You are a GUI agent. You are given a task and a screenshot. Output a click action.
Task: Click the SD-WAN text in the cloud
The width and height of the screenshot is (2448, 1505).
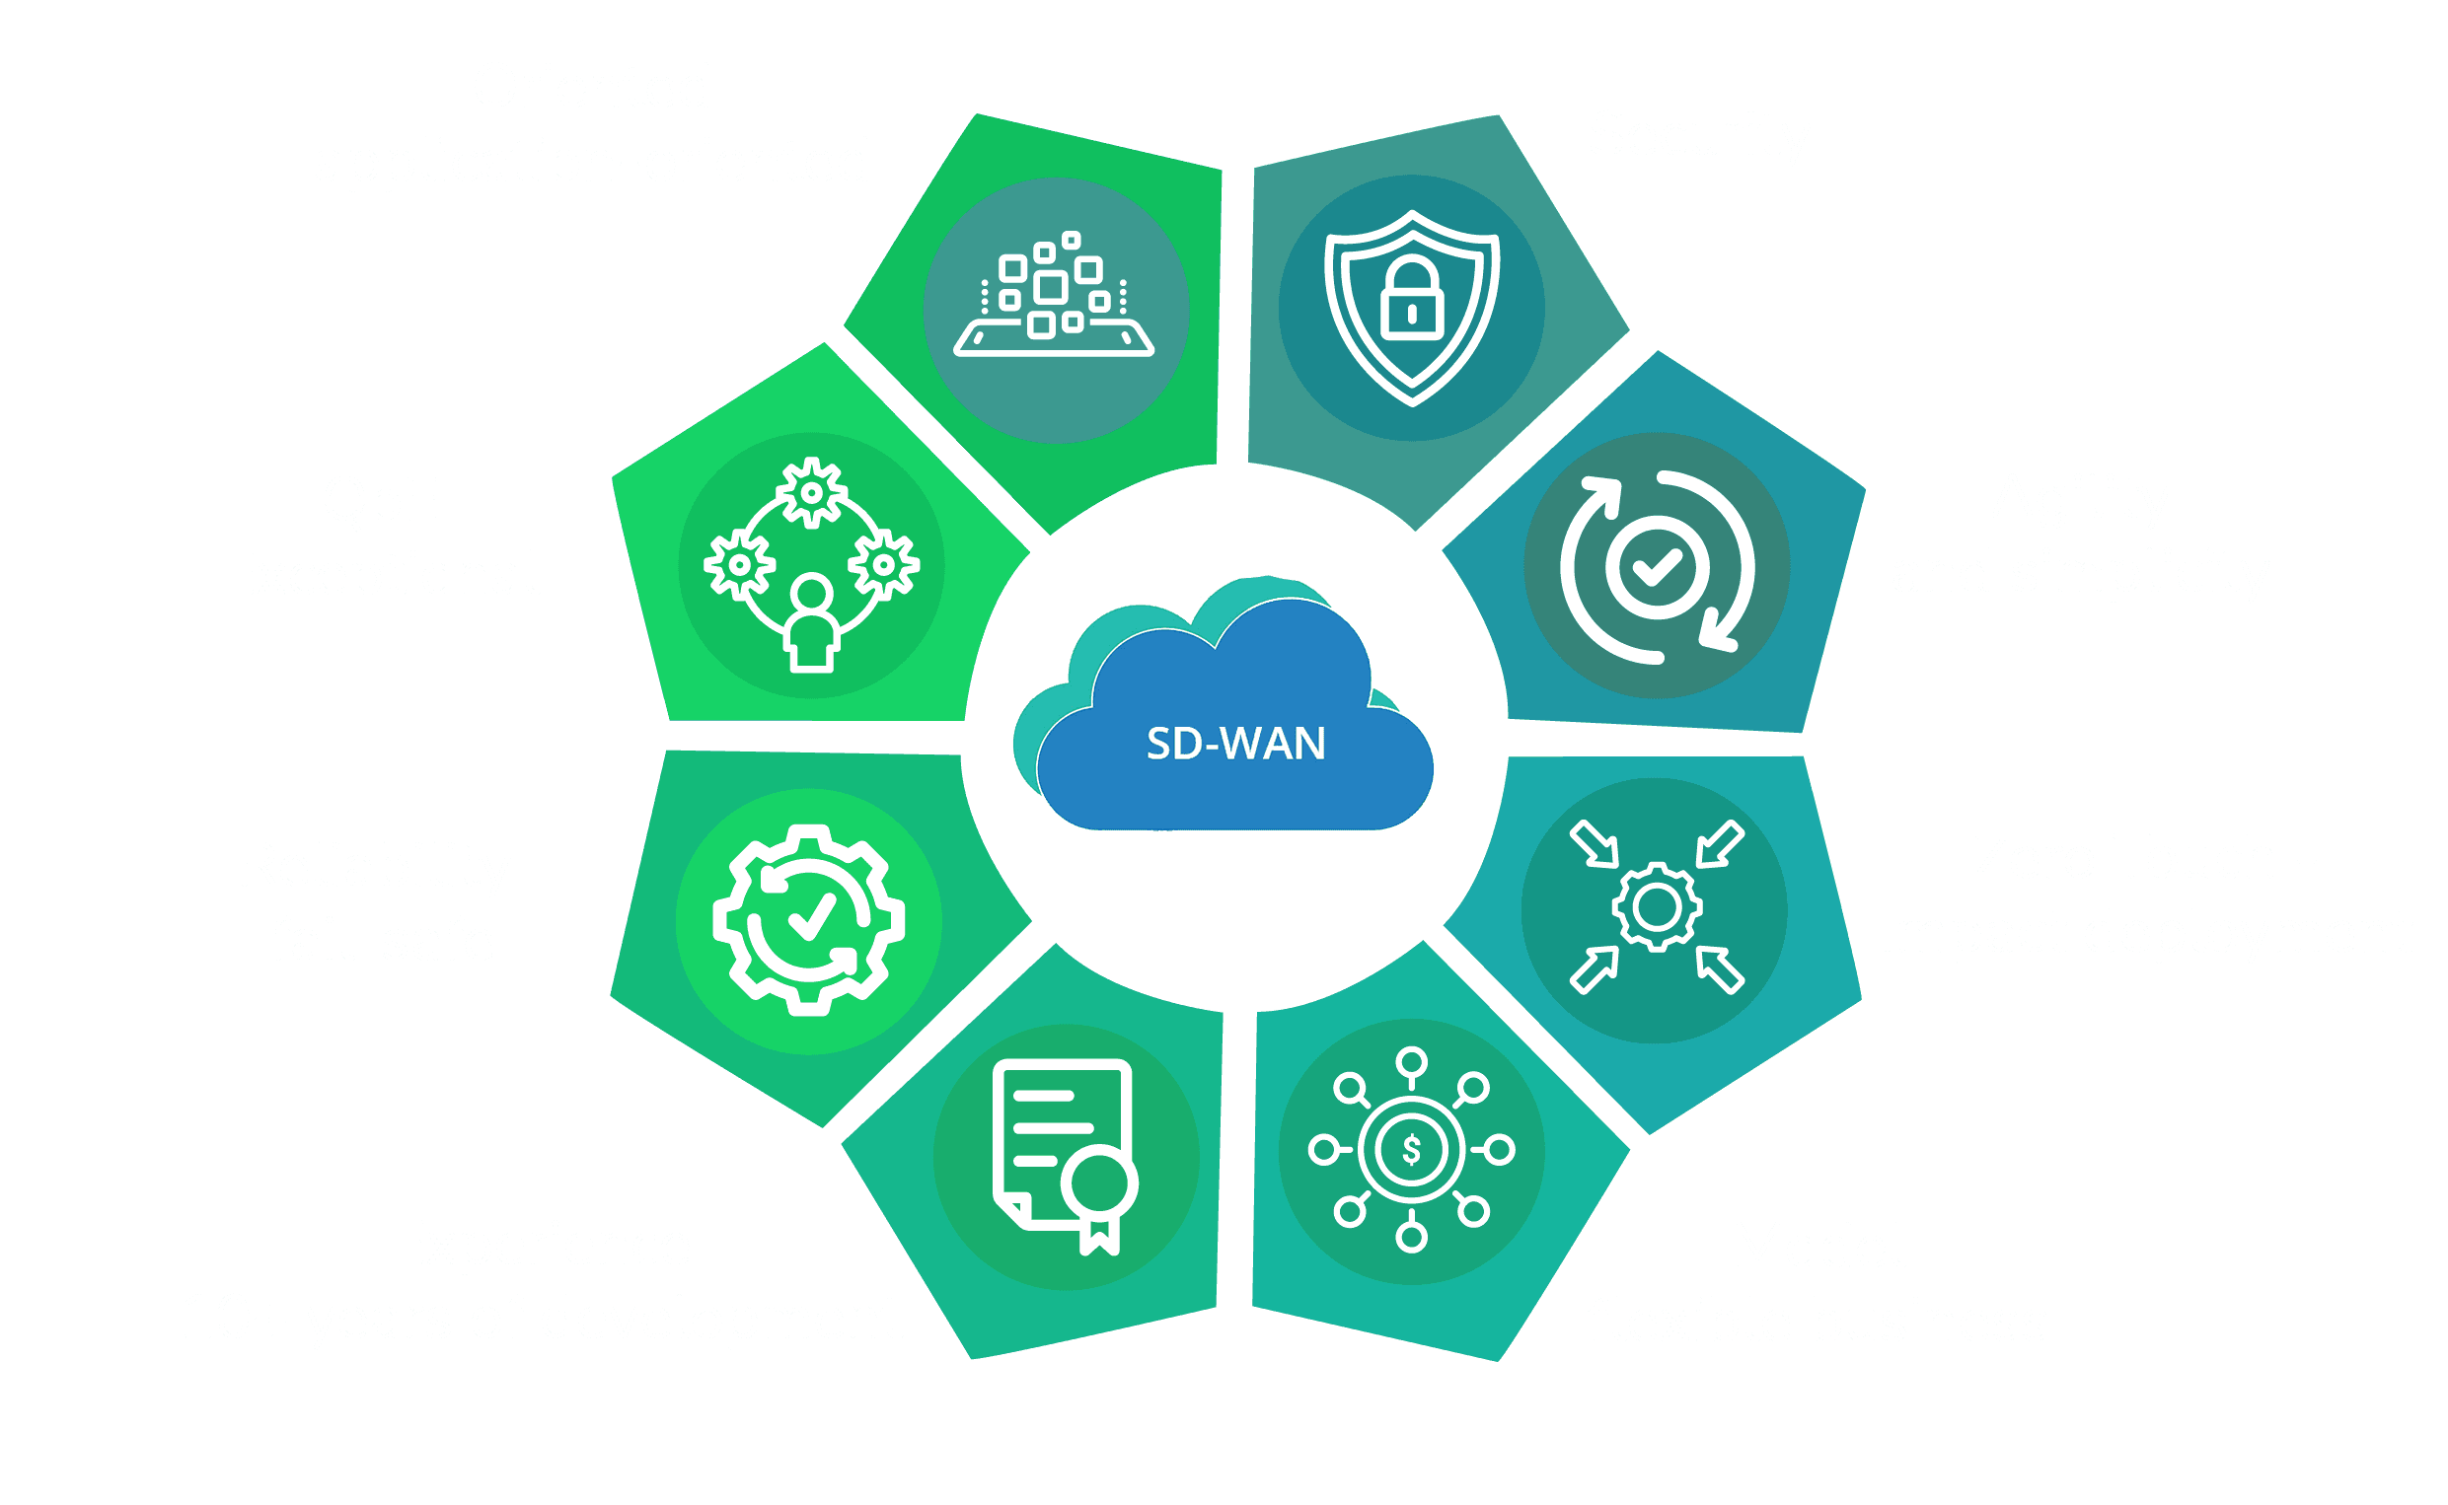pyautogui.click(x=1235, y=744)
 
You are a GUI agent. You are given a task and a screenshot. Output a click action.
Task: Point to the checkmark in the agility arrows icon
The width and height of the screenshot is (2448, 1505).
pyautogui.click(x=1657, y=566)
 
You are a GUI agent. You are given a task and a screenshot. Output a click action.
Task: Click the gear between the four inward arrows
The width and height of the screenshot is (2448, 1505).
pyautogui.click(x=1657, y=906)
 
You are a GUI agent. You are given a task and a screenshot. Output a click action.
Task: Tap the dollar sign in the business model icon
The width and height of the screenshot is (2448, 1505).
pyautogui.click(x=1411, y=1151)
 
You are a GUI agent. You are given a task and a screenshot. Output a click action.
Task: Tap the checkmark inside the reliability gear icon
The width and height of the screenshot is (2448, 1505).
pyautogui.click(x=811, y=913)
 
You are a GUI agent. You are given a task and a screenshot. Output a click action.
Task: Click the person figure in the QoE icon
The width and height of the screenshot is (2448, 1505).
pyautogui.click(x=811, y=625)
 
